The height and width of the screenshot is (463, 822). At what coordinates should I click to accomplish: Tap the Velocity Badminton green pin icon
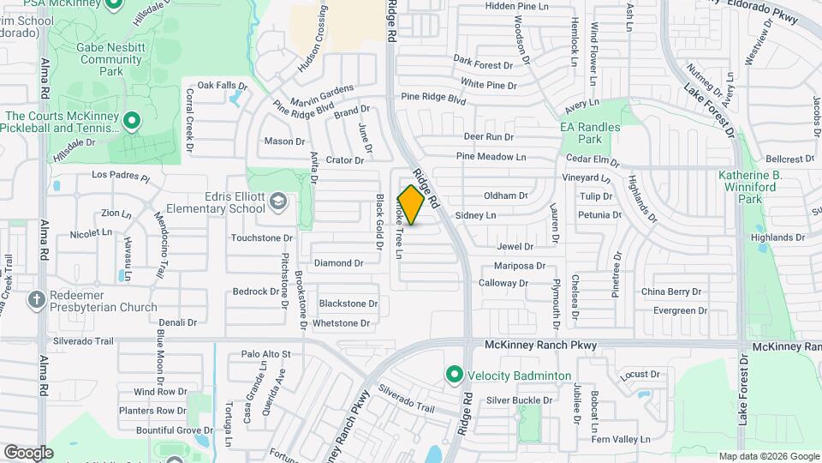click(454, 375)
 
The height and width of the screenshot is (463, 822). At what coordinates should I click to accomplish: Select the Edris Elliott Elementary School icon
click(277, 201)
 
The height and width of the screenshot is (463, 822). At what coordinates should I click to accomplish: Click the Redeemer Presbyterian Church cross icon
click(36, 299)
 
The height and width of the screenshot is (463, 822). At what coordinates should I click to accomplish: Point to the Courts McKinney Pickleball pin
click(131, 121)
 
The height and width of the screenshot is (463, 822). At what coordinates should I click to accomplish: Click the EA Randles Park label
click(590, 133)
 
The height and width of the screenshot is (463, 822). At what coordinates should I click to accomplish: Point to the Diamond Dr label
click(338, 263)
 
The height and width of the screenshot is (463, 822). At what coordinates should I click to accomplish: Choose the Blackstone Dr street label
click(348, 304)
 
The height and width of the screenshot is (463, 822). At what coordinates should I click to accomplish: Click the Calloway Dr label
click(503, 283)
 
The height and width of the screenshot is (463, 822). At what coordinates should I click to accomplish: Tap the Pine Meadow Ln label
click(491, 157)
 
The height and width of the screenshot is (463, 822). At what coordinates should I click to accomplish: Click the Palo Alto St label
click(266, 353)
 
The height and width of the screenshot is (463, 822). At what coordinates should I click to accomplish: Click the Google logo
click(28, 452)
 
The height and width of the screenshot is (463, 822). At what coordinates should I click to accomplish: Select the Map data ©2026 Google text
click(768, 456)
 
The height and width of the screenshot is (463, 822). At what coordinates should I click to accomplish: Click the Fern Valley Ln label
click(621, 439)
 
